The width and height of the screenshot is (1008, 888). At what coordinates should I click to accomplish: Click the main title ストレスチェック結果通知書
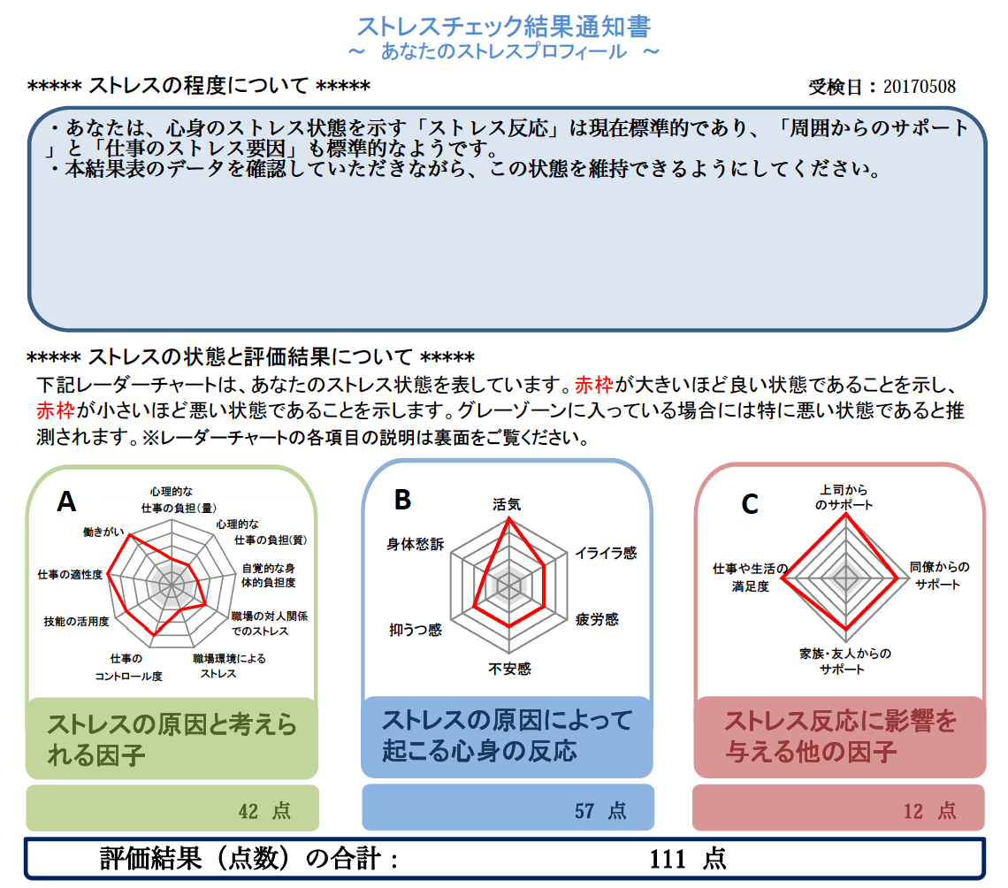click(x=504, y=27)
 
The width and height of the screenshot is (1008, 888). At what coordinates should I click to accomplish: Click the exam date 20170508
click(x=920, y=86)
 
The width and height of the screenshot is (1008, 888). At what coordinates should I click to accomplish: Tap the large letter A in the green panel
click(x=66, y=501)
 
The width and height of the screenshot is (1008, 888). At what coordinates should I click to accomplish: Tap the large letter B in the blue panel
click(x=402, y=500)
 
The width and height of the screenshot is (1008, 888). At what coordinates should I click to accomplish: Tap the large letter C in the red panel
click(x=750, y=504)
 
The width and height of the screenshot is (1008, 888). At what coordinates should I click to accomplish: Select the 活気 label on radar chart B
click(x=507, y=505)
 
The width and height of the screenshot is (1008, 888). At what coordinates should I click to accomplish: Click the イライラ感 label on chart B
click(x=606, y=553)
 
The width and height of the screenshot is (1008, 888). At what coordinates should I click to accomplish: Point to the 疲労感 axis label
click(x=597, y=619)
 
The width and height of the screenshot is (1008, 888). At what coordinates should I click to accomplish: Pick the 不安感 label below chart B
click(x=510, y=670)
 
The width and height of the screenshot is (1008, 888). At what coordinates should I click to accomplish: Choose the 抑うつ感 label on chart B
click(x=416, y=630)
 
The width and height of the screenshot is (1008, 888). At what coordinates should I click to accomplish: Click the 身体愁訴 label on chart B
click(x=415, y=545)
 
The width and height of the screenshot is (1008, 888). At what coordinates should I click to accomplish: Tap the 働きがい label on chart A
click(x=103, y=532)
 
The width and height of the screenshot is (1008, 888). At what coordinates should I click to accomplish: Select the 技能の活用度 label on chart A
click(x=77, y=621)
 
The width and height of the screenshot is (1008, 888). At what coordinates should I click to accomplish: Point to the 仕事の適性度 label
click(x=70, y=574)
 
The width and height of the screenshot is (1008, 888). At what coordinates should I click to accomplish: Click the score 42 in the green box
click(x=248, y=811)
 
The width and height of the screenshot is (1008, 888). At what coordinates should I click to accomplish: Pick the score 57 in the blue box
click(x=584, y=811)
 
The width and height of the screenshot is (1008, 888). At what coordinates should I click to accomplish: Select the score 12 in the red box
click(x=913, y=811)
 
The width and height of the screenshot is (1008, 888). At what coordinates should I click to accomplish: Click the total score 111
click(x=668, y=859)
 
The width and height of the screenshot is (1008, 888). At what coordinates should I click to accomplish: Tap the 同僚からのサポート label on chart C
click(x=938, y=576)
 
